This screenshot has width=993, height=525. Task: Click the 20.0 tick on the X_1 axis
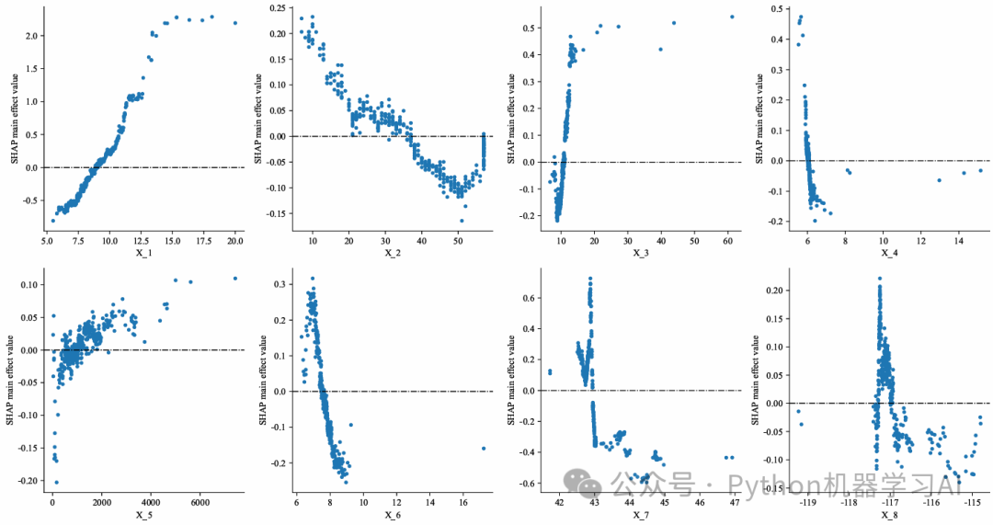tap(234, 241)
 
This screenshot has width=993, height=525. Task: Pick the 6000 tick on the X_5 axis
tap(200, 503)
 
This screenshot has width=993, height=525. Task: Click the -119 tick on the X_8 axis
tap(808, 503)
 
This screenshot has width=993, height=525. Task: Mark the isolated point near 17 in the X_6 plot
tap(484, 449)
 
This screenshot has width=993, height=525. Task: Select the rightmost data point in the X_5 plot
tap(235, 279)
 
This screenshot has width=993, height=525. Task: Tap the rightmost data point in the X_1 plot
tap(235, 23)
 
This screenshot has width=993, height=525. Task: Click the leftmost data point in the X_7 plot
tap(550, 372)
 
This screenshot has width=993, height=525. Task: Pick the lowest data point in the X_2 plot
tap(462, 221)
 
